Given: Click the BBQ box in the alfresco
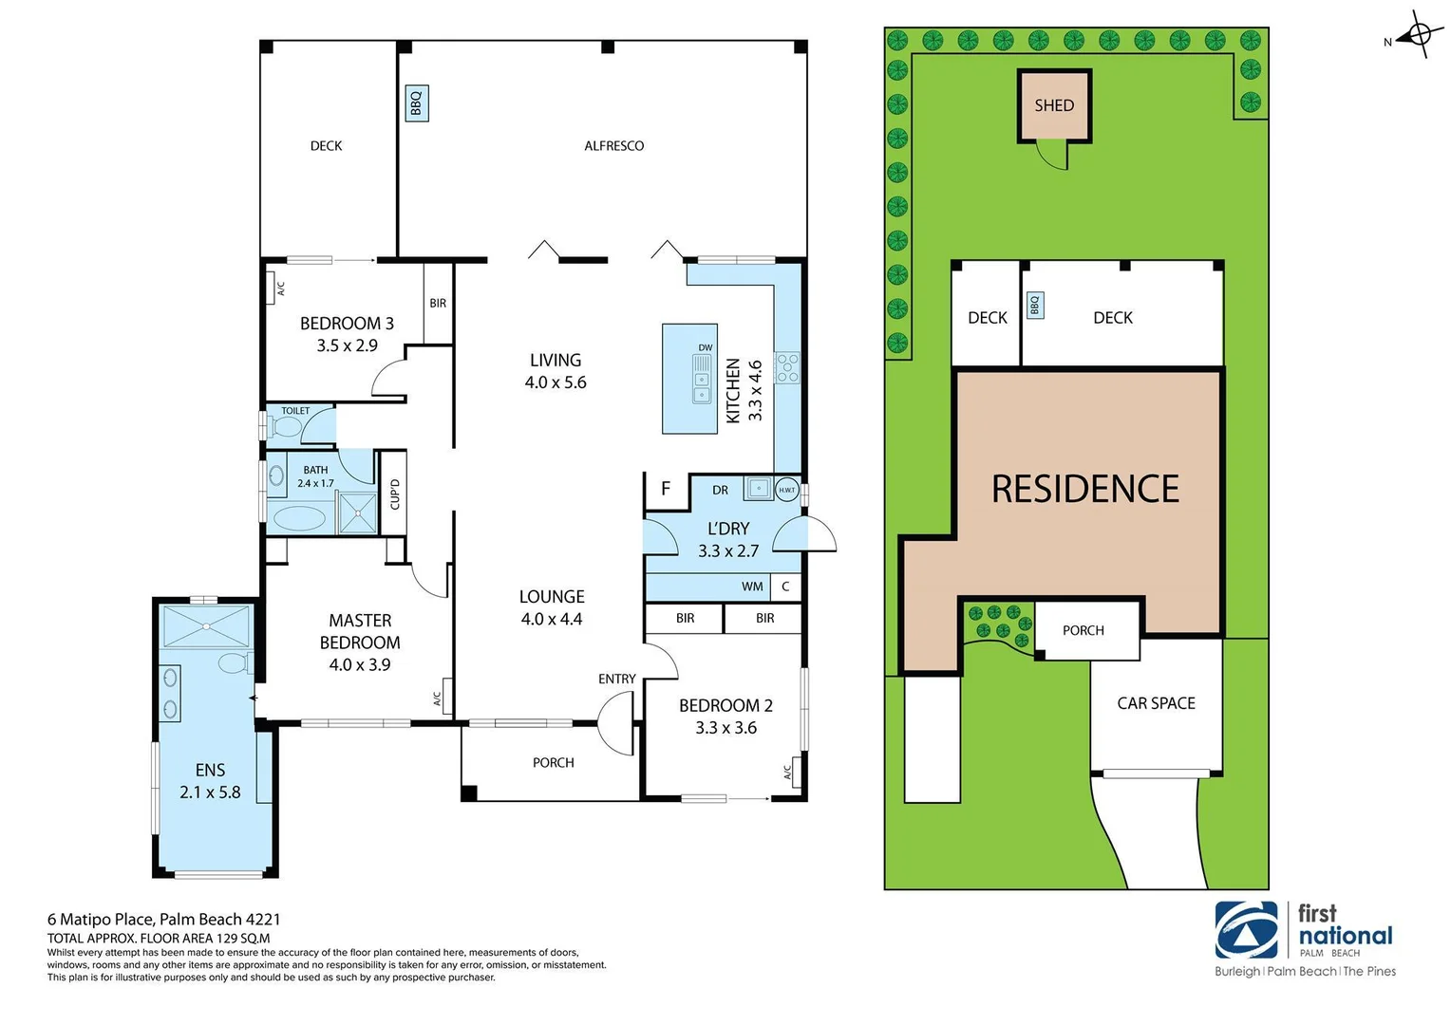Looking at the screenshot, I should click(x=416, y=102).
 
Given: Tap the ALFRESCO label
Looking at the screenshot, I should click(x=613, y=146).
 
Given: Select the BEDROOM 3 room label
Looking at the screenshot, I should click(x=347, y=324).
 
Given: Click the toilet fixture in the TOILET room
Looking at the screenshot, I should click(x=283, y=427).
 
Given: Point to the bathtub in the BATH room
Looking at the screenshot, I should click(x=299, y=518).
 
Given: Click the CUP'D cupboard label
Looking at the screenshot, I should click(x=395, y=494).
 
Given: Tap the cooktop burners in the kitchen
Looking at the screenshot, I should click(x=787, y=367).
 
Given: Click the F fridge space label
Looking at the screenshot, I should click(x=666, y=489).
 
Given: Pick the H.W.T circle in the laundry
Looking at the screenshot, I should click(x=786, y=490).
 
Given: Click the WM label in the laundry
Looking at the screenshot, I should click(x=752, y=587).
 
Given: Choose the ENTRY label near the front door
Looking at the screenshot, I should click(x=617, y=679).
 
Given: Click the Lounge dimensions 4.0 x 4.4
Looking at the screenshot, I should click(x=552, y=619).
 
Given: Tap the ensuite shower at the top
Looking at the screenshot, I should click(x=206, y=626).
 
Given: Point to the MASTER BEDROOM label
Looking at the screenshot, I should click(x=360, y=631).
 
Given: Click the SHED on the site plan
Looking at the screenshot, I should click(x=1054, y=105).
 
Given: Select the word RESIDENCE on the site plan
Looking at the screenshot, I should click(x=1084, y=490).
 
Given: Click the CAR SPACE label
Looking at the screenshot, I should click(x=1156, y=703).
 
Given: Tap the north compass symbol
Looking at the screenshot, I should click(x=1419, y=36).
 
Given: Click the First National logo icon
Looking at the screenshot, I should click(x=1246, y=931).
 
